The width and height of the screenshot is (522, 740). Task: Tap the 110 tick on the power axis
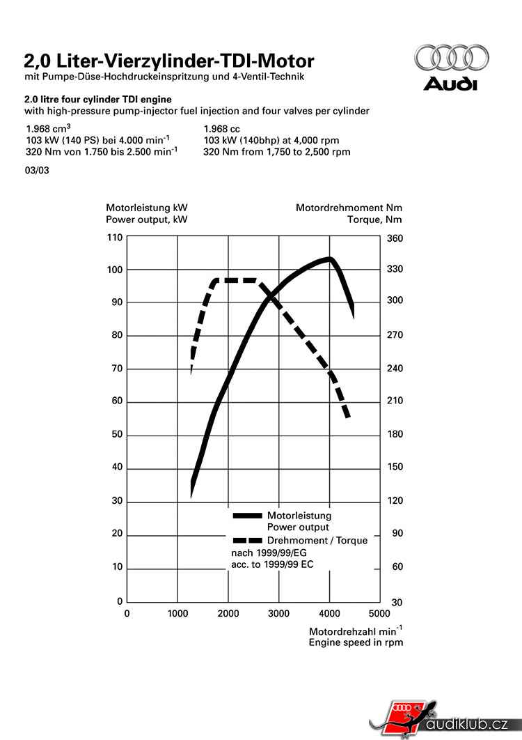(116, 238)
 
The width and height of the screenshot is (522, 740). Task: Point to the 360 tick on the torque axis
(394, 238)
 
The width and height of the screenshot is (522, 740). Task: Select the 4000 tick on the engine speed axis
(329, 614)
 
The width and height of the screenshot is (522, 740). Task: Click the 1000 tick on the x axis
(177, 614)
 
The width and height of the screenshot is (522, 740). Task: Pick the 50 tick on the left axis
(117, 434)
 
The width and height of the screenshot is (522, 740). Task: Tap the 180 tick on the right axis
(394, 434)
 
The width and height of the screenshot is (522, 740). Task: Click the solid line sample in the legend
(247, 516)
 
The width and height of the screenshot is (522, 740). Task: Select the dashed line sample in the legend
(247, 541)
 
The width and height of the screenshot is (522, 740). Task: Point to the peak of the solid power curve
(329, 259)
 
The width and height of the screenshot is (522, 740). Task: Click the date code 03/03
(37, 169)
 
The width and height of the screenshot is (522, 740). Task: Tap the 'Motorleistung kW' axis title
(146, 208)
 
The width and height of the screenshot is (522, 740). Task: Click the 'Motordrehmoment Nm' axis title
(349, 208)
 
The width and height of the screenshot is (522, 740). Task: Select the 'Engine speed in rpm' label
(356, 642)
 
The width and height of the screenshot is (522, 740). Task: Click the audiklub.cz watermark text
(468, 725)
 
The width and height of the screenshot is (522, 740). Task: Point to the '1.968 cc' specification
(221, 129)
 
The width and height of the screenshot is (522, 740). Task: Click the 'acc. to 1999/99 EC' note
(271, 564)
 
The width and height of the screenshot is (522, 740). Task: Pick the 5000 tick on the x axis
(379, 614)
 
